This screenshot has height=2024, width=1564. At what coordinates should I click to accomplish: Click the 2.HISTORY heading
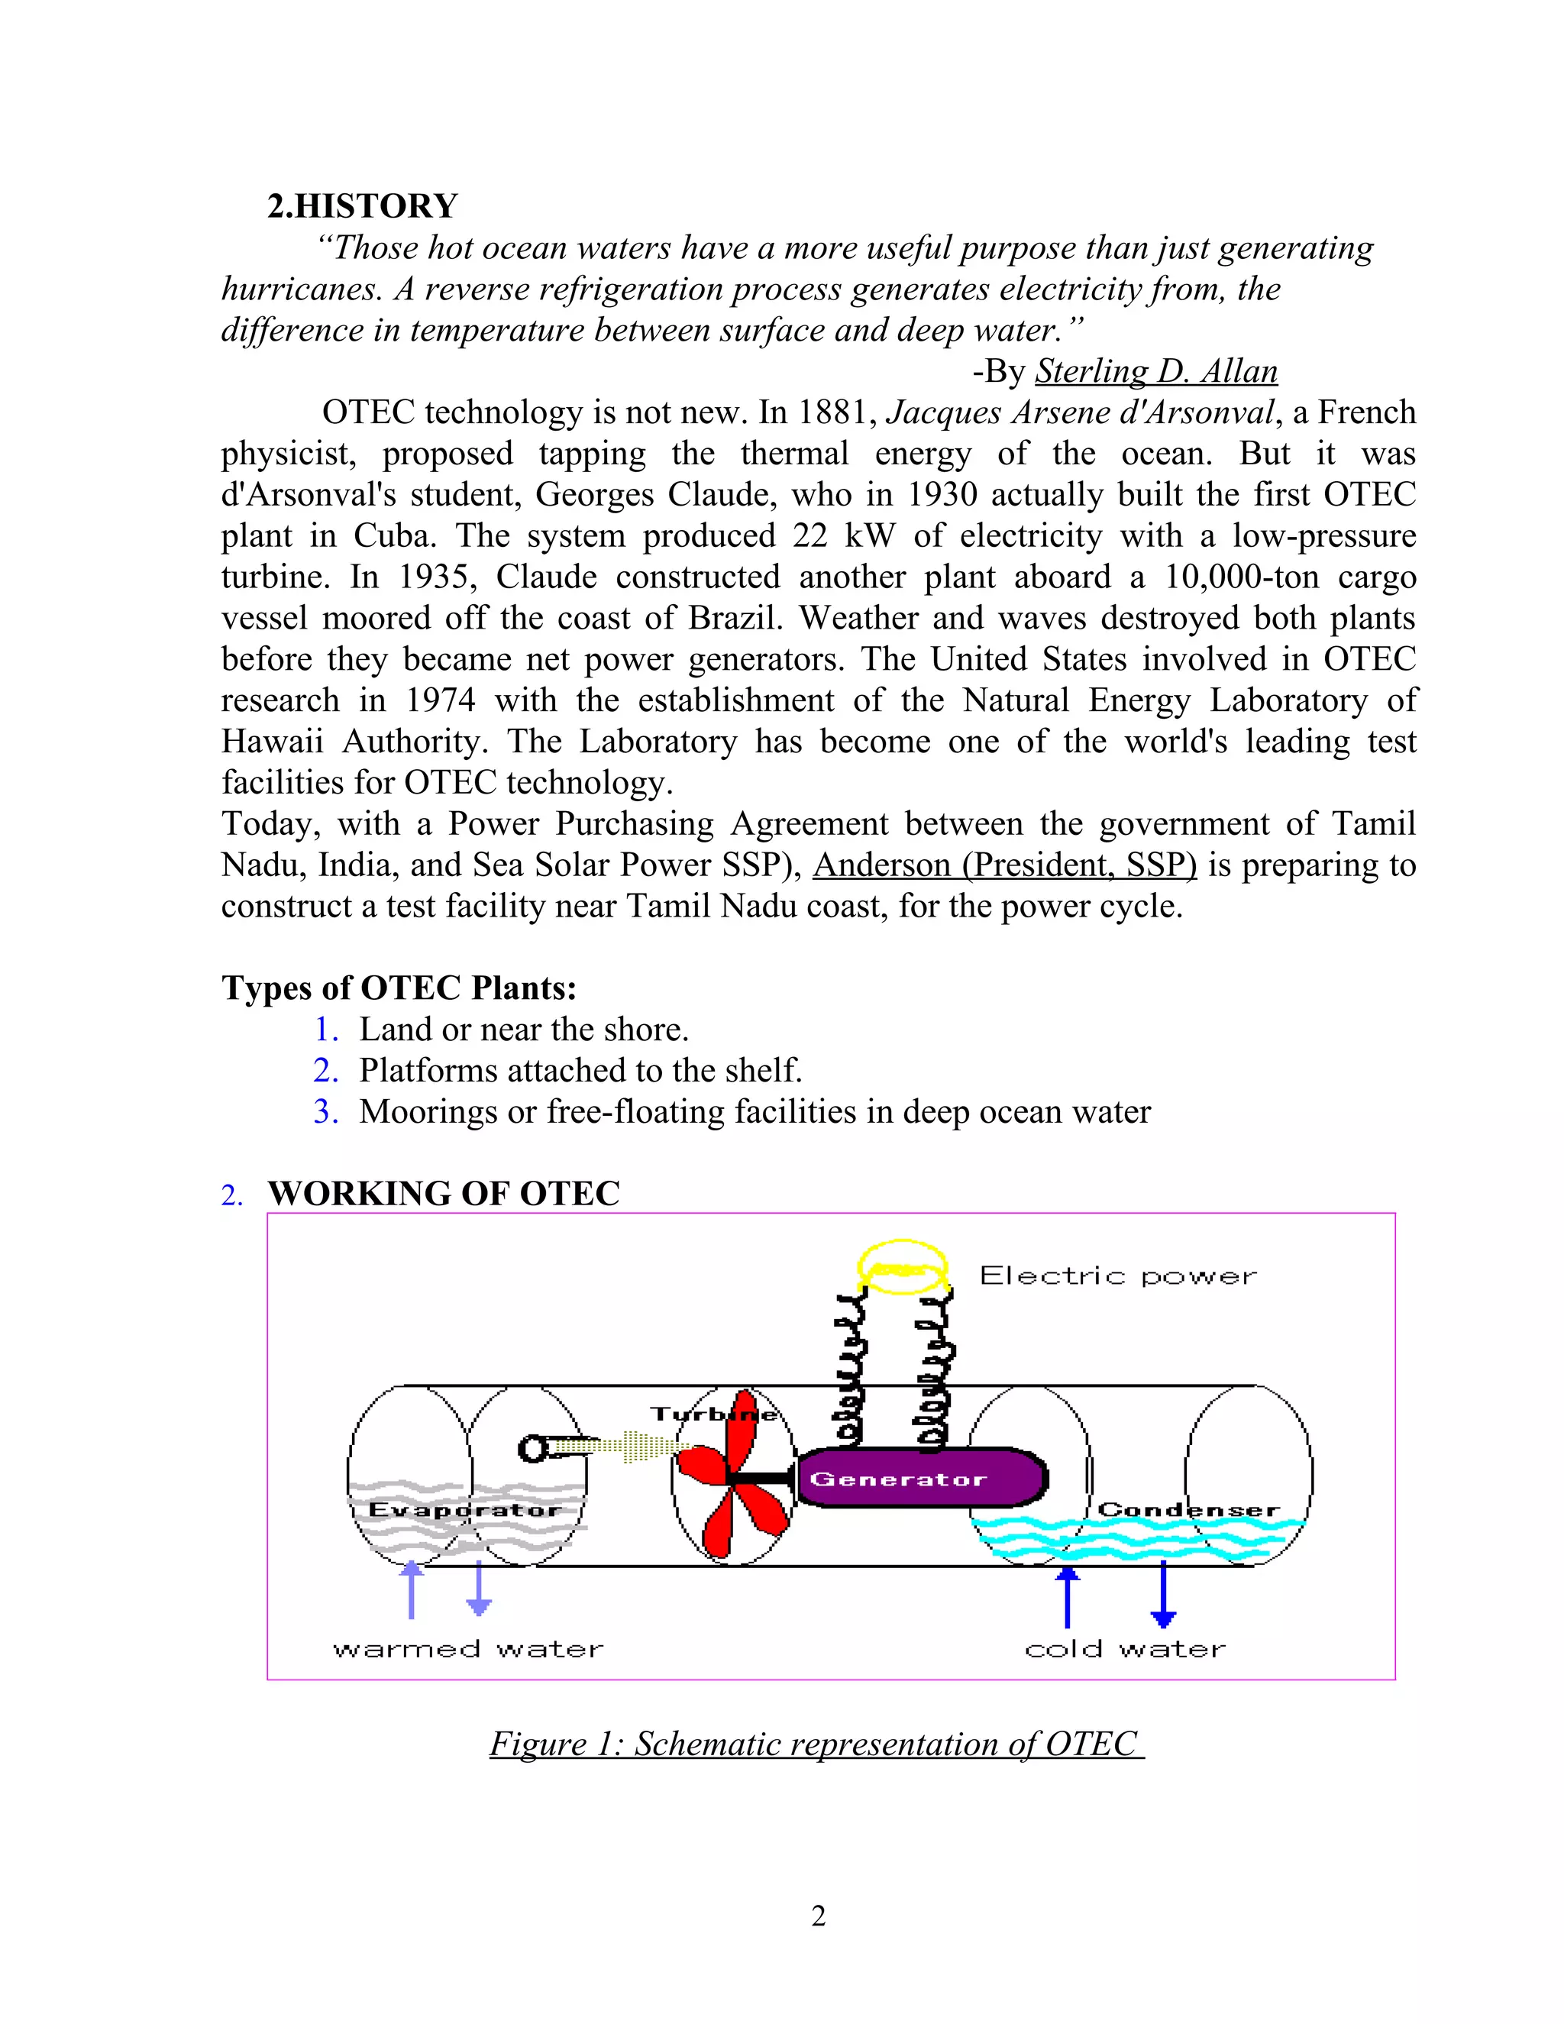(x=362, y=205)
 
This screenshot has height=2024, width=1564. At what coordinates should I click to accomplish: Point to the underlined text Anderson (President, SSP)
(x=1004, y=865)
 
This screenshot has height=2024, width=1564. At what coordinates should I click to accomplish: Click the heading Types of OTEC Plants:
(x=399, y=988)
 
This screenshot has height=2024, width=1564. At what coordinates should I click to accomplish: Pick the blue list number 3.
(x=325, y=1111)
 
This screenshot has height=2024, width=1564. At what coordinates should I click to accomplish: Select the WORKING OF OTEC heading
(x=443, y=1194)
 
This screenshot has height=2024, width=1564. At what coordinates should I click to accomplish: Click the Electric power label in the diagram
(x=1117, y=1276)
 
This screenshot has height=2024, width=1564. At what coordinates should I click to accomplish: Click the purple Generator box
(x=921, y=1479)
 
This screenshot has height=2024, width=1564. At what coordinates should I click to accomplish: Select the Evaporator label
(x=464, y=1510)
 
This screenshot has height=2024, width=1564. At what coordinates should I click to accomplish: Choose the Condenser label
(x=1188, y=1510)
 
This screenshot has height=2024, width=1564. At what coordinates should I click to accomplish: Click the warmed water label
(x=468, y=1651)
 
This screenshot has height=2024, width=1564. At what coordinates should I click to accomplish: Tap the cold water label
(x=1125, y=1651)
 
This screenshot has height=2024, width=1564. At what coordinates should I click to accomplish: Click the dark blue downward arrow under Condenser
(x=1163, y=1595)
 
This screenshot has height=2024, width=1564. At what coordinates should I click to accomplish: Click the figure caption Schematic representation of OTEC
(x=816, y=1744)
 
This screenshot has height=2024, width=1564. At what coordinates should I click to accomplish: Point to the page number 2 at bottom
(x=818, y=1916)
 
